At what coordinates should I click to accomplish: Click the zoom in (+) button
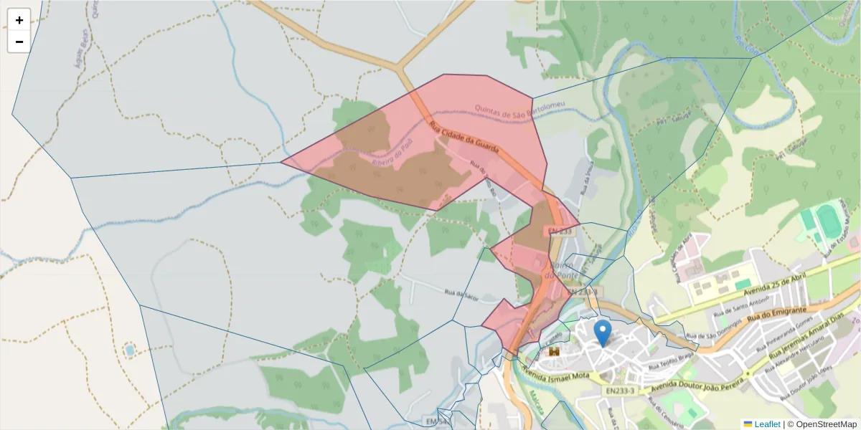[x=19, y=20]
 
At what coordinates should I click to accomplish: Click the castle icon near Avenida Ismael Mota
[x=554, y=352]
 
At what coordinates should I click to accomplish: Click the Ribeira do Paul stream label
[x=394, y=151]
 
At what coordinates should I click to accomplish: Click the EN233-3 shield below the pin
[x=620, y=391]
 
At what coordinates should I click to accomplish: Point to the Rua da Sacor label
[x=461, y=294]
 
